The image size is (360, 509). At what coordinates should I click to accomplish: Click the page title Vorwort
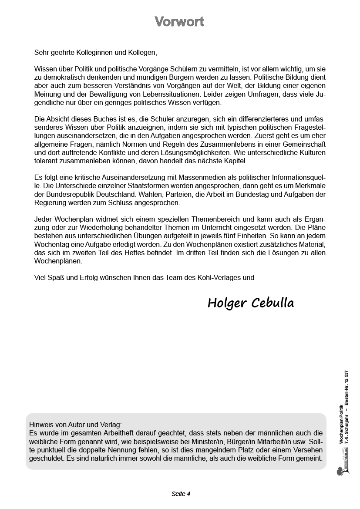click(x=179, y=22)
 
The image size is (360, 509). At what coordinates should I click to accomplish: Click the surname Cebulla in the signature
click(x=273, y=303)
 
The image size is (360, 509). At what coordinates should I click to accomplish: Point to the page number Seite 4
click(x=181, y=494)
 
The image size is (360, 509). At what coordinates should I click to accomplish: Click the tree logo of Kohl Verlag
click(x=340, y=470)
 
